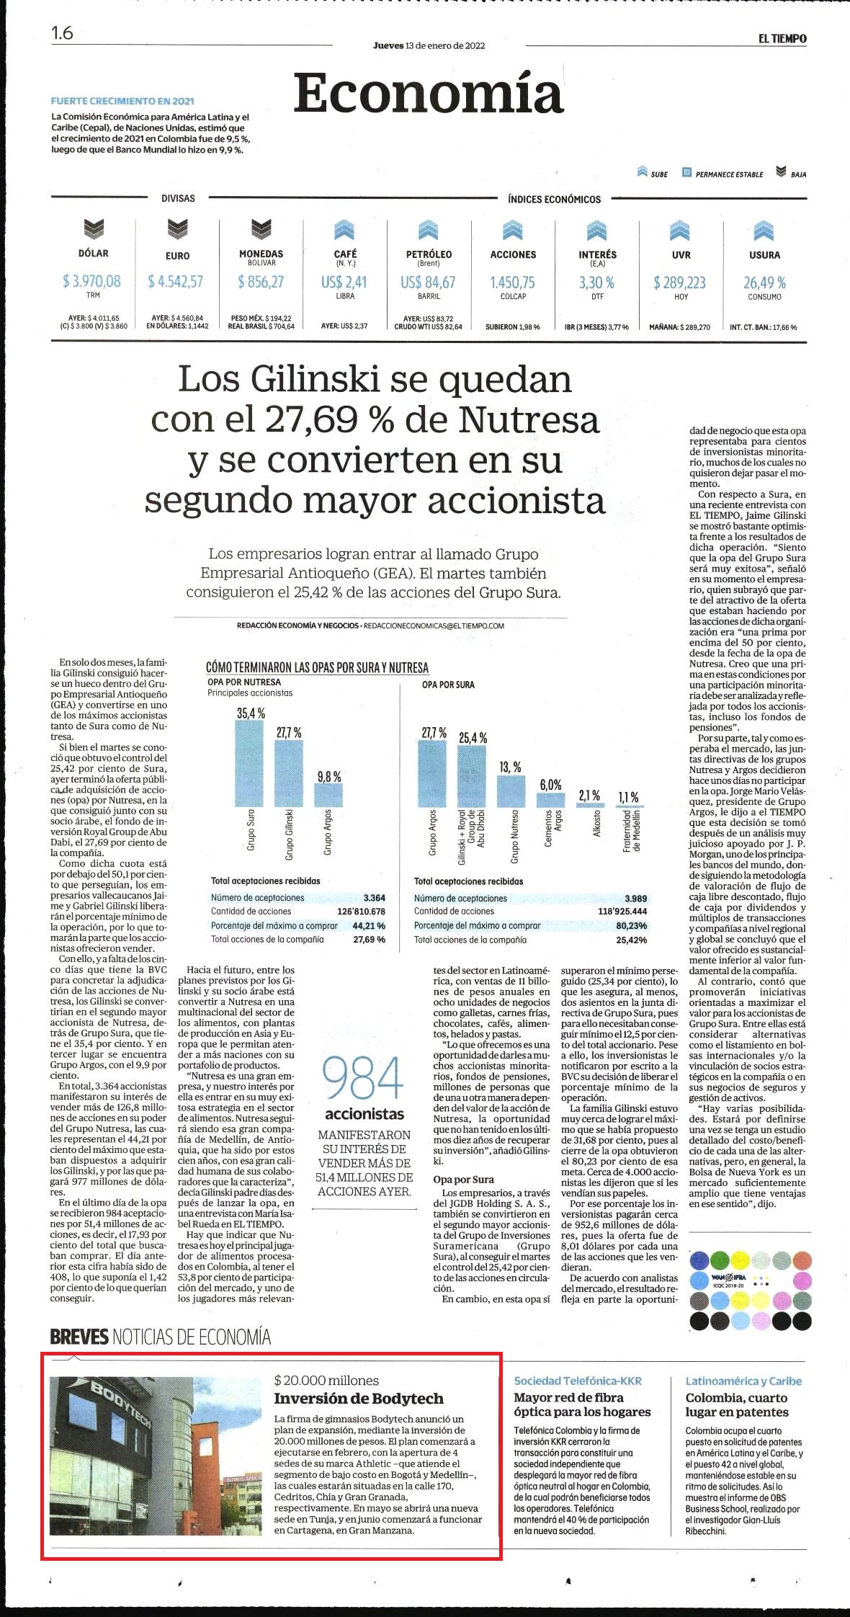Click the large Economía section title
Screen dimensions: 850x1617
click(428, 93)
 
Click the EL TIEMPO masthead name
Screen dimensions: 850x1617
click(782, 39)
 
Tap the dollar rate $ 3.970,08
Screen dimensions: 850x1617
click(91, 281)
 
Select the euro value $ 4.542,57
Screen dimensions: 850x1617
click(176, 281)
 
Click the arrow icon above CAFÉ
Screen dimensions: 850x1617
click(344, 230)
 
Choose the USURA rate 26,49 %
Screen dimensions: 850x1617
click(764, 282)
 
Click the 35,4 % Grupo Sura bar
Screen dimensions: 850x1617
click(250, 763)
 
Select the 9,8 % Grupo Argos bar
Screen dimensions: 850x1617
click(328, 795)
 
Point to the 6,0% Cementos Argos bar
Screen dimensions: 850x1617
click(551, 800)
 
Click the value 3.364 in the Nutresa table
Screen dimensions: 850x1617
click(374, 898)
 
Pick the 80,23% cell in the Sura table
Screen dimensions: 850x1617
click(632, 926)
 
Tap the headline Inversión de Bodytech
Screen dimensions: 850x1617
click(359, 1399)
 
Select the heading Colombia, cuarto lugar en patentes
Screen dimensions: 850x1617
click(737, 1405)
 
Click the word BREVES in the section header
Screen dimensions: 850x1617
click(79, 1337)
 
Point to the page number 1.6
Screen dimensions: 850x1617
click(62, 33)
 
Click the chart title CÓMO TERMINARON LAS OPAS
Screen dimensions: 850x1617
click(317, 667)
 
